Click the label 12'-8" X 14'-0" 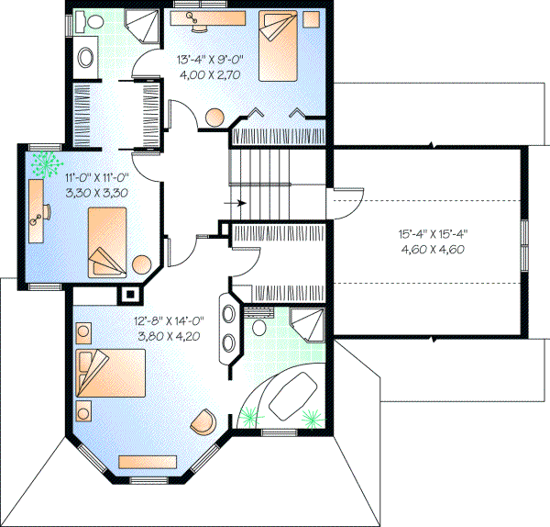(x=170, y=321)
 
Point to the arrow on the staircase (x=236, y=203)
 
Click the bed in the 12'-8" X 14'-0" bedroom (x=112, y=376)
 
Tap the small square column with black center (x=131, y=295)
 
